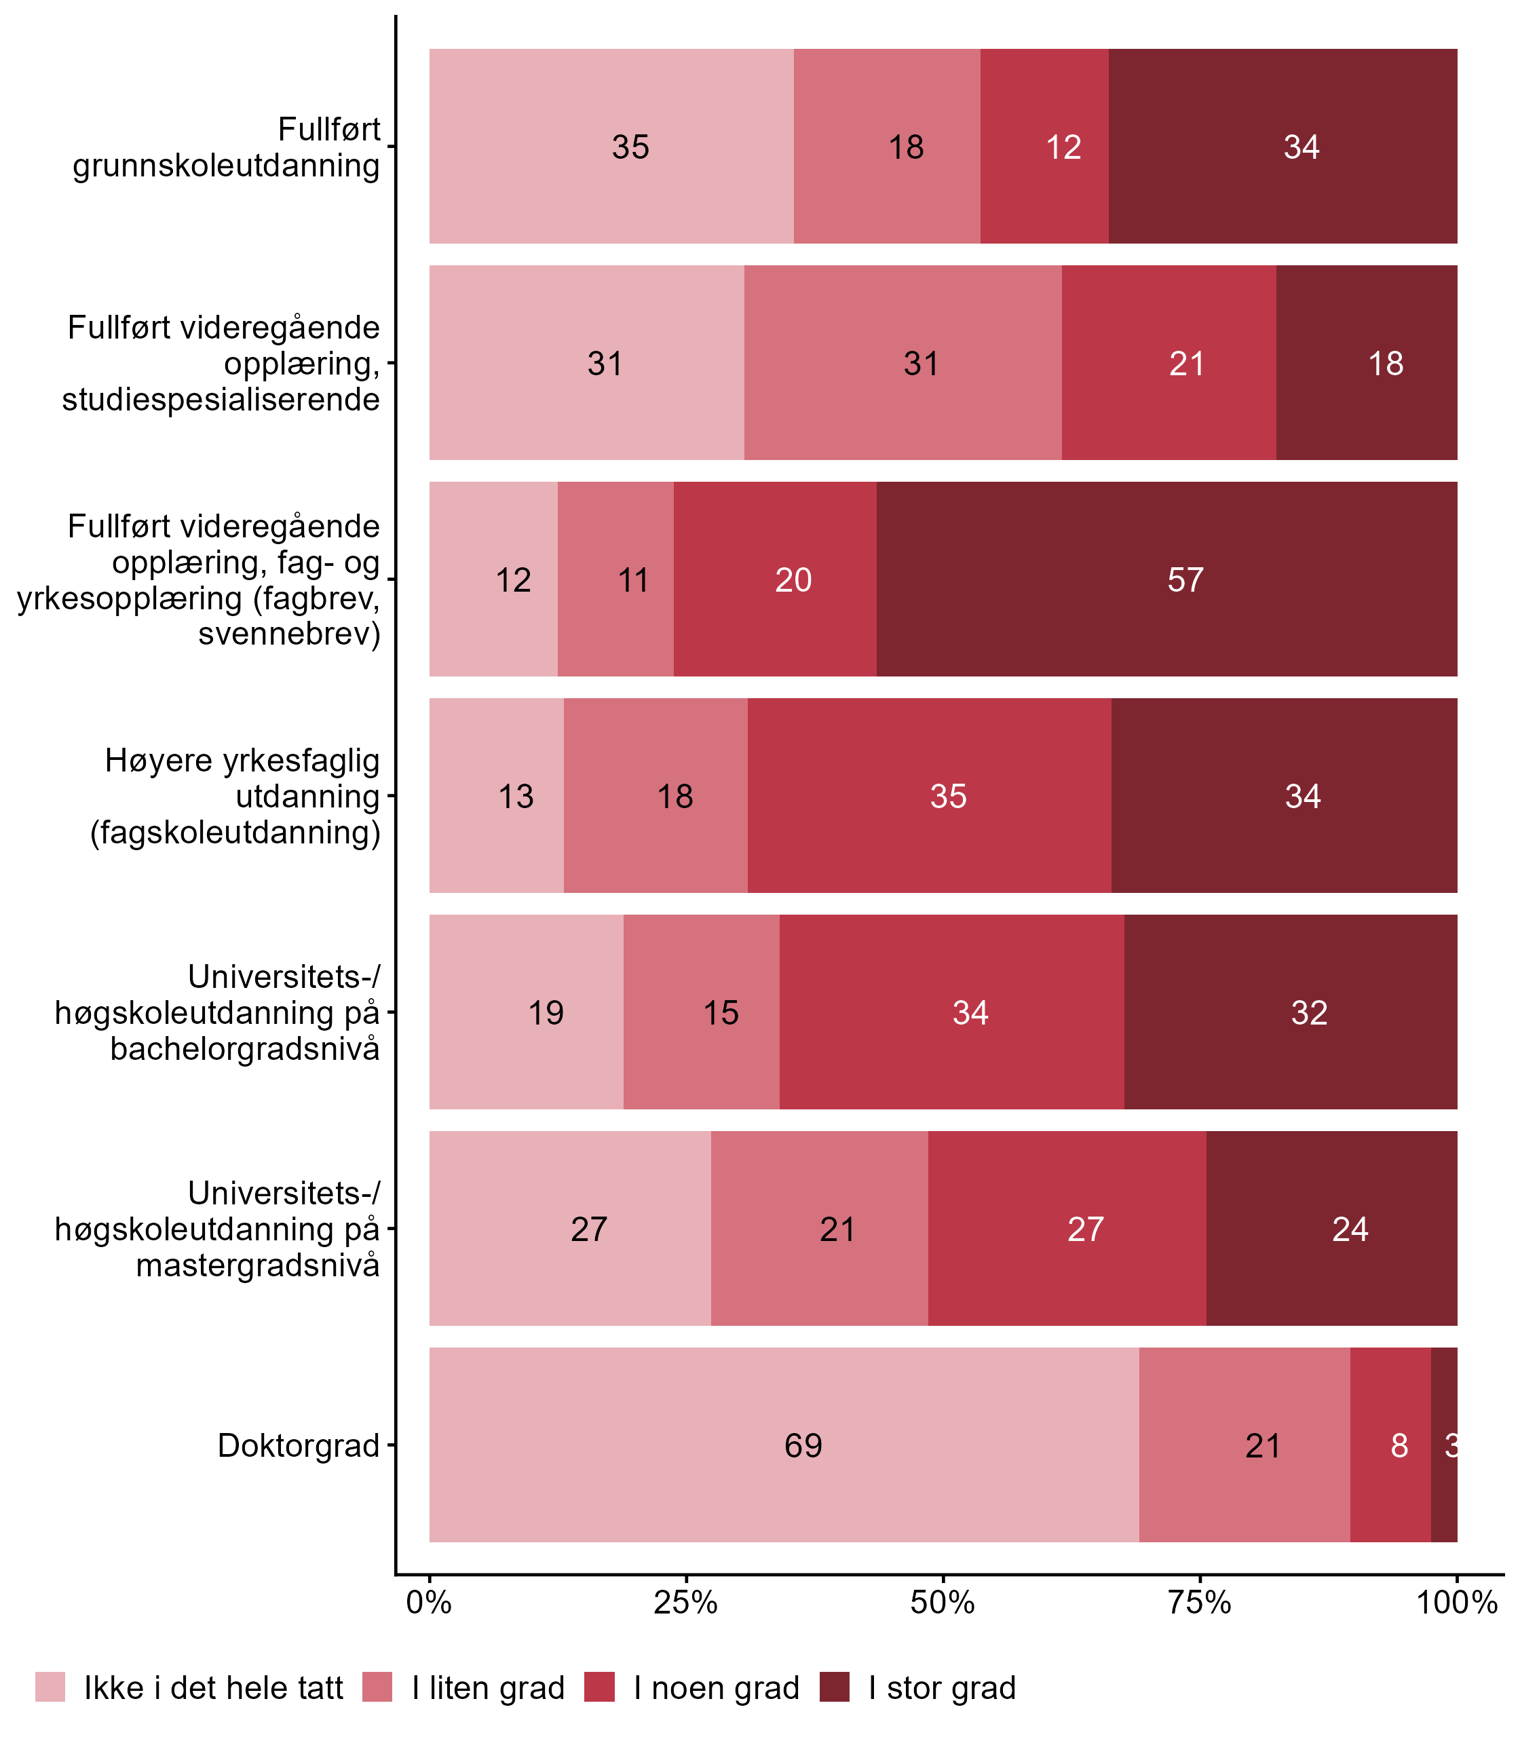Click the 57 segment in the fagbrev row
1166,579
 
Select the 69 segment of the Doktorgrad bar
784,1445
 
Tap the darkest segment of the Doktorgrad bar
1444,1445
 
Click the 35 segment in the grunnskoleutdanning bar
611,146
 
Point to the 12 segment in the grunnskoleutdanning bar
1044,146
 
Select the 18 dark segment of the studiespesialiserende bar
1367,363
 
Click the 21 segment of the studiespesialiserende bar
1168,363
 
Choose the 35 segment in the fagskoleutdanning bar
930,795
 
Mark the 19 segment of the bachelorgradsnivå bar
527,1012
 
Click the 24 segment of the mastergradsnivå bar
1331,1228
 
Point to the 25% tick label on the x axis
685,1602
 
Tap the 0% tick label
429,1602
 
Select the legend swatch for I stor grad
834,1687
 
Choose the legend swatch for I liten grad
377,1687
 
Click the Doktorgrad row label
298,1445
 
